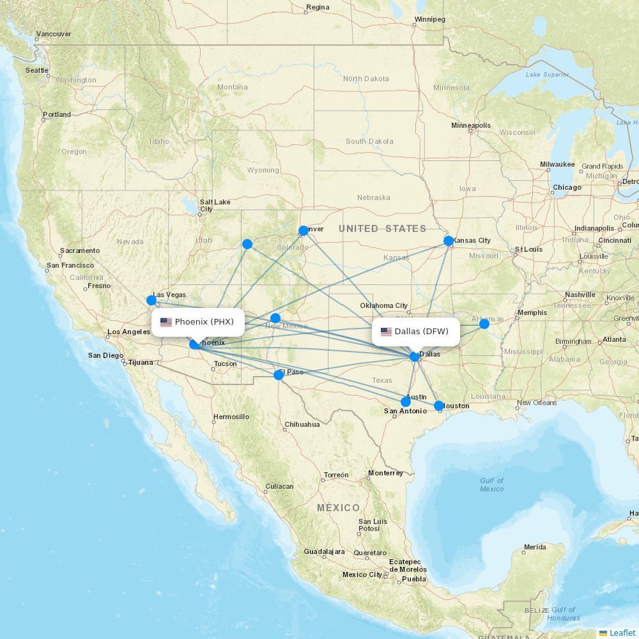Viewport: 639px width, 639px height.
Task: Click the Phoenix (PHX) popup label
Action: click(198, 322)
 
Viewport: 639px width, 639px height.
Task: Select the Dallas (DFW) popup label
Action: click(415, 332)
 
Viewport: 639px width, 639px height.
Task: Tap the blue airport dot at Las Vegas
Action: click(151, 300)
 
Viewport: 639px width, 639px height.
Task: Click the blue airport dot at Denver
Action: click(304, 230)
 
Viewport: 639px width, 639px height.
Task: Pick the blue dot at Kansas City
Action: click(449, 241)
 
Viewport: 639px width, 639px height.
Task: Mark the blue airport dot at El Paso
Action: click(279, 374)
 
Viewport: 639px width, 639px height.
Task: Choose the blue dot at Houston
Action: click(439, 406)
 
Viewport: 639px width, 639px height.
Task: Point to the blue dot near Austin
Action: click(406, 402)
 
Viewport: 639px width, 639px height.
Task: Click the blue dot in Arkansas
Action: click(484, 324)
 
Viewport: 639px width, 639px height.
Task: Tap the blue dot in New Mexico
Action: click(275, 318)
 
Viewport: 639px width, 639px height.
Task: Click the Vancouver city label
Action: click(54, 34)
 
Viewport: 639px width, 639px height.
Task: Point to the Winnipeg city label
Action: click(429, 19)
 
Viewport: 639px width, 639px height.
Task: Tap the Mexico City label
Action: click(362, 574)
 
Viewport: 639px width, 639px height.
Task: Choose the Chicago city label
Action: click(567, 188)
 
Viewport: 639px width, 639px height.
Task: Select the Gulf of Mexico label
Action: click(492, 484)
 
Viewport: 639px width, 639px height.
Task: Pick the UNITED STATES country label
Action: click(382, 229)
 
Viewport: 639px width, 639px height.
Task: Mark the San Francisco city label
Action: click(70, 265)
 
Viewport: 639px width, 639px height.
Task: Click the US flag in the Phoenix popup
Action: click(166, 322)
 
